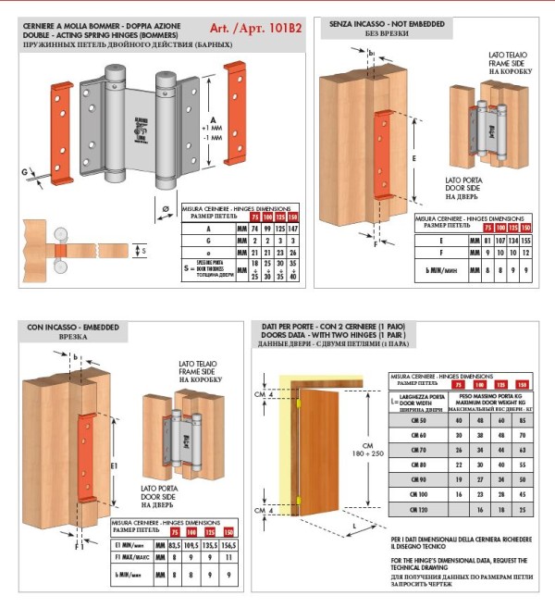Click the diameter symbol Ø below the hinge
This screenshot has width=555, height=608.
pos(165,209)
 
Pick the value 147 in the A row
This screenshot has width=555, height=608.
pos(292,227)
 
